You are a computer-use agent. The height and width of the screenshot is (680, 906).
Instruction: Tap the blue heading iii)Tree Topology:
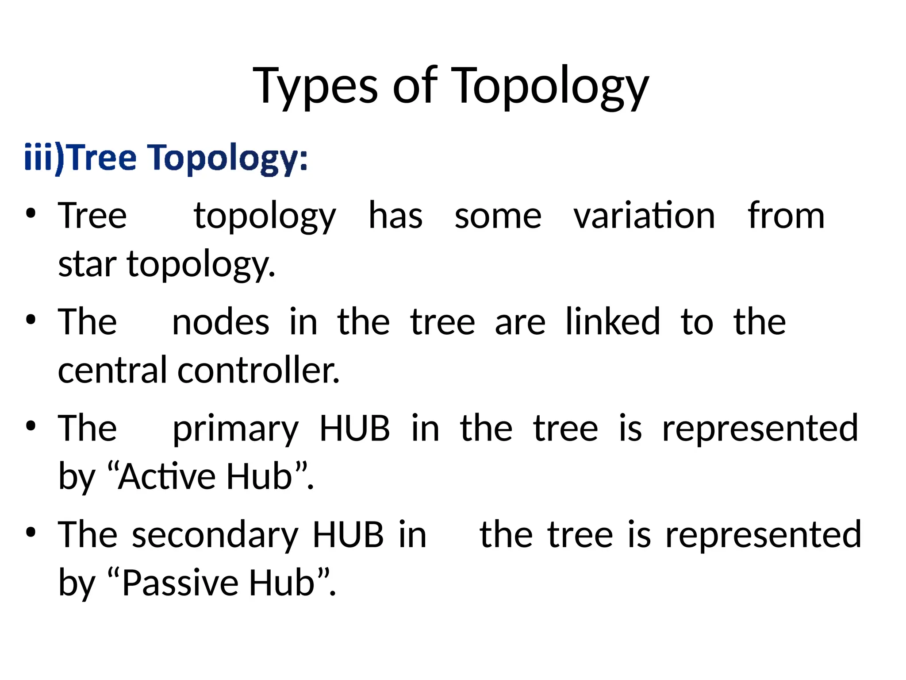(166, 158)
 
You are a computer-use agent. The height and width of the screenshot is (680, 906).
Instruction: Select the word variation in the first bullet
(644, 216)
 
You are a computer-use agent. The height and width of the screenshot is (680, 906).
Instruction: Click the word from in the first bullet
(786, 216)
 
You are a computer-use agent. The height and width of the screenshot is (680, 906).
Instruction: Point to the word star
(87, 264)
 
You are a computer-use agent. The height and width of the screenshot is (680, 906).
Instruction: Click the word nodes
(220, 322)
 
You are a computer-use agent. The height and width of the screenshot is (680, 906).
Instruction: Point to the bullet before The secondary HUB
(30, 533)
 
